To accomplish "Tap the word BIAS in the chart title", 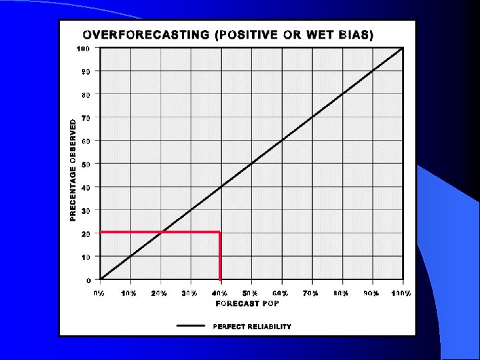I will tap(355, 35).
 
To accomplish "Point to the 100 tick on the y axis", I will tap(83, 48).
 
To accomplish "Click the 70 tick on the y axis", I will tap(86, 117).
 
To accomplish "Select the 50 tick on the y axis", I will tap(86, 164).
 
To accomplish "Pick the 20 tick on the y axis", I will tap(86, 234).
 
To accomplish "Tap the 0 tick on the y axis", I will tap(89, 281).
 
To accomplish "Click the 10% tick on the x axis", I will tap(129, 293).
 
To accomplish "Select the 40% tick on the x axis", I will tap(221, 293).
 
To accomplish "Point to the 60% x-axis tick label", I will tap(281, 293).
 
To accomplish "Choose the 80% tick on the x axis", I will tap(341, 293).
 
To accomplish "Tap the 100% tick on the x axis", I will tap(401, 293).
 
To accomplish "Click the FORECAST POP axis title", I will tap(247, 303).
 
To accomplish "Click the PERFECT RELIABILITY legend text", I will tap(252, 327).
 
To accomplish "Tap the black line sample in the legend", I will tap(191, 326).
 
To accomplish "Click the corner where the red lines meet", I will tap(220, 232).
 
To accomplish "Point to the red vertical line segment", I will tap(220, 257).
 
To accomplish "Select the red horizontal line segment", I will tap(160, 232).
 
